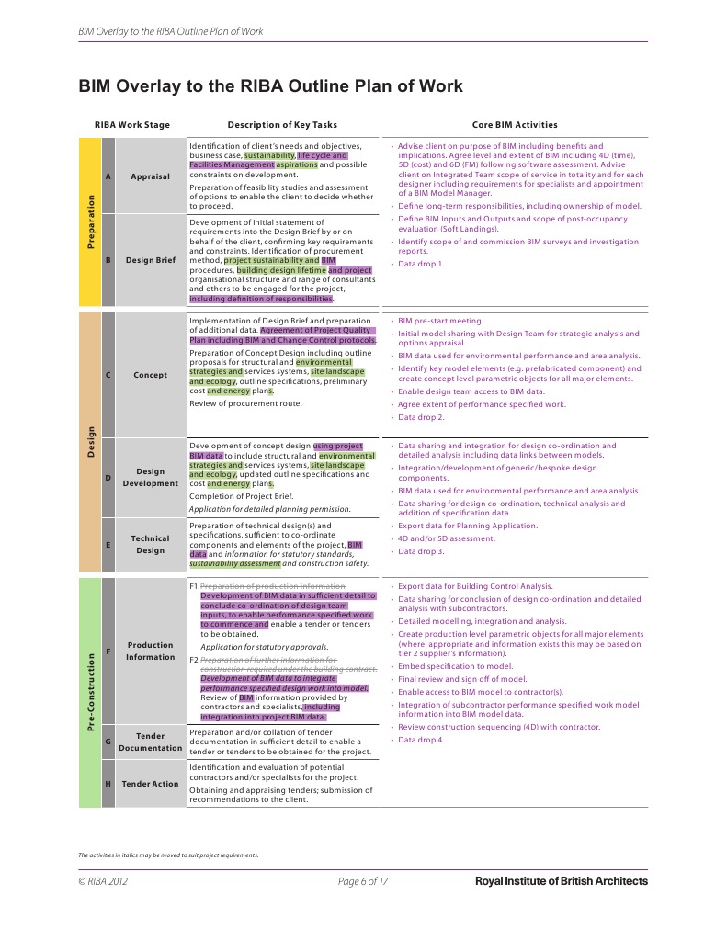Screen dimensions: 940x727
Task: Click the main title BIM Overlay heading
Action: (x=270, y=86)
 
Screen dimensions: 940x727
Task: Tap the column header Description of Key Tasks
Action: (x=281, y=125)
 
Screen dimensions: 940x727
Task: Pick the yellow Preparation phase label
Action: (x=89, y=221)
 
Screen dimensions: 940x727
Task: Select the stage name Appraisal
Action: (x=150, y=176)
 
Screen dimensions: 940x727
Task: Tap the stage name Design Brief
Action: (x=150, y=260)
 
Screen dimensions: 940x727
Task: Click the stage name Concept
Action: (x=150, y=375)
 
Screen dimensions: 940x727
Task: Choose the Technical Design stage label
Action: (x=150, y=545)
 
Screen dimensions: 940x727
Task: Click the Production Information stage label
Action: (x=150, y=651)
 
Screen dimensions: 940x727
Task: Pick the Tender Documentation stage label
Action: (x=150, y=742)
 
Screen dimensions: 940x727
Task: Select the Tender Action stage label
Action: (x=150, y=784)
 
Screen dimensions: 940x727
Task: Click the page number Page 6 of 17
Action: (x=363, y=882)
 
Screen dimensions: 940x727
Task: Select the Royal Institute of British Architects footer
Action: (x=561, y=882)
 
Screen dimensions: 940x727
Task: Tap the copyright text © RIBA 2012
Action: (x=104, y=882)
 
